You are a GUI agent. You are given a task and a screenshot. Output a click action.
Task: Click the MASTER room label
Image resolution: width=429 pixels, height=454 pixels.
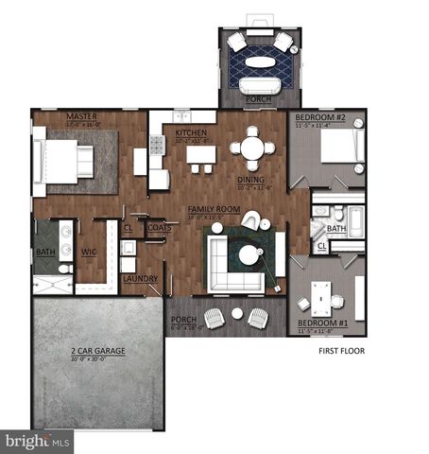point(82,116)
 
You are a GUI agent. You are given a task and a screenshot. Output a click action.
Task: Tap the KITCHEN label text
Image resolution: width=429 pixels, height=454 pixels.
point(191,133)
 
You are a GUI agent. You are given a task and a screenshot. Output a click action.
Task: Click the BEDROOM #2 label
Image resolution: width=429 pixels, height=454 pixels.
point(314,117)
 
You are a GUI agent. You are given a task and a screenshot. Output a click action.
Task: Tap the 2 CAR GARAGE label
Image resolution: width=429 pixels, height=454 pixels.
point(97,351)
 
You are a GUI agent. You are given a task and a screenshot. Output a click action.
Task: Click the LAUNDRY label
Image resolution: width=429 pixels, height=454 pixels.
point(140,278)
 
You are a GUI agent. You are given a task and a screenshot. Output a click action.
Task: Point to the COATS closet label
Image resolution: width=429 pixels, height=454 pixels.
point(158,227)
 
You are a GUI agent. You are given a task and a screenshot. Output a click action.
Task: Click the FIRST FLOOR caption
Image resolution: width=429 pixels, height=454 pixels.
point(341,350)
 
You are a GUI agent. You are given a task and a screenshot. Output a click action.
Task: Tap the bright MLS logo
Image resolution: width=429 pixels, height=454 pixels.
point(37,440)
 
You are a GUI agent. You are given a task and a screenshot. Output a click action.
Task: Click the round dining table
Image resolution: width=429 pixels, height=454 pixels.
point(251,148)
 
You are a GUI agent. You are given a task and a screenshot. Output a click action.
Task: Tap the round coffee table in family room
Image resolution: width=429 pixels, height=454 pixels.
point(249,254)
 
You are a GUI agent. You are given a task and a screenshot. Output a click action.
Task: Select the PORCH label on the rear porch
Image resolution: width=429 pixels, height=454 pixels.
point(256,97)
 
